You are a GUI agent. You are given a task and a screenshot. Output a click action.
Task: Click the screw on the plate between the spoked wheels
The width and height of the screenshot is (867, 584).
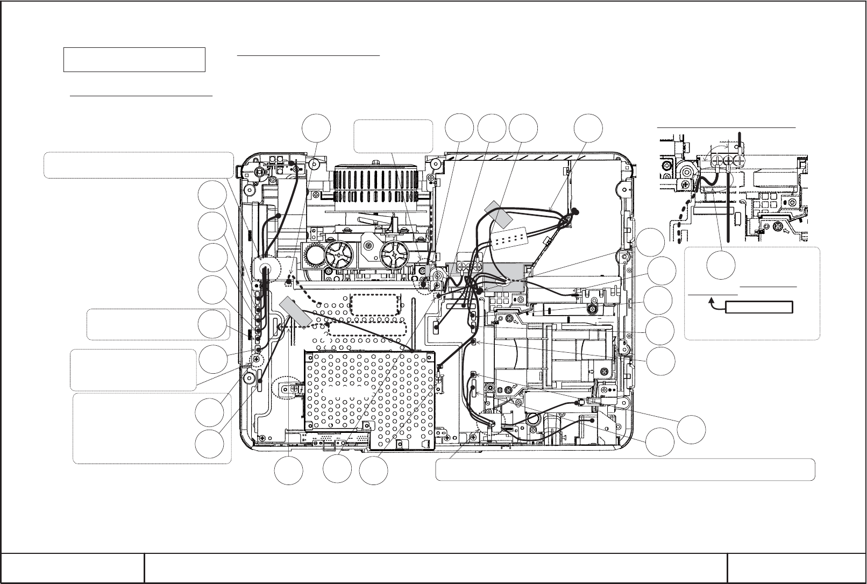pos(368,246)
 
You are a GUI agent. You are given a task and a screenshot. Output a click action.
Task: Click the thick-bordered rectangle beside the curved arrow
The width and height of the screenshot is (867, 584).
pos(759,308)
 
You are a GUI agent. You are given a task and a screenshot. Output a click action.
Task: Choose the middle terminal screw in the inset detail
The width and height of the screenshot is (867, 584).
pos(728,161)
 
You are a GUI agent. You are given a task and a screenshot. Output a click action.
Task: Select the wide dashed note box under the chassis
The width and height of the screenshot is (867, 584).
pos(625,469)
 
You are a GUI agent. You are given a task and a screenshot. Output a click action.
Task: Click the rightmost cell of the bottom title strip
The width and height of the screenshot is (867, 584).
pos(796,567)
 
